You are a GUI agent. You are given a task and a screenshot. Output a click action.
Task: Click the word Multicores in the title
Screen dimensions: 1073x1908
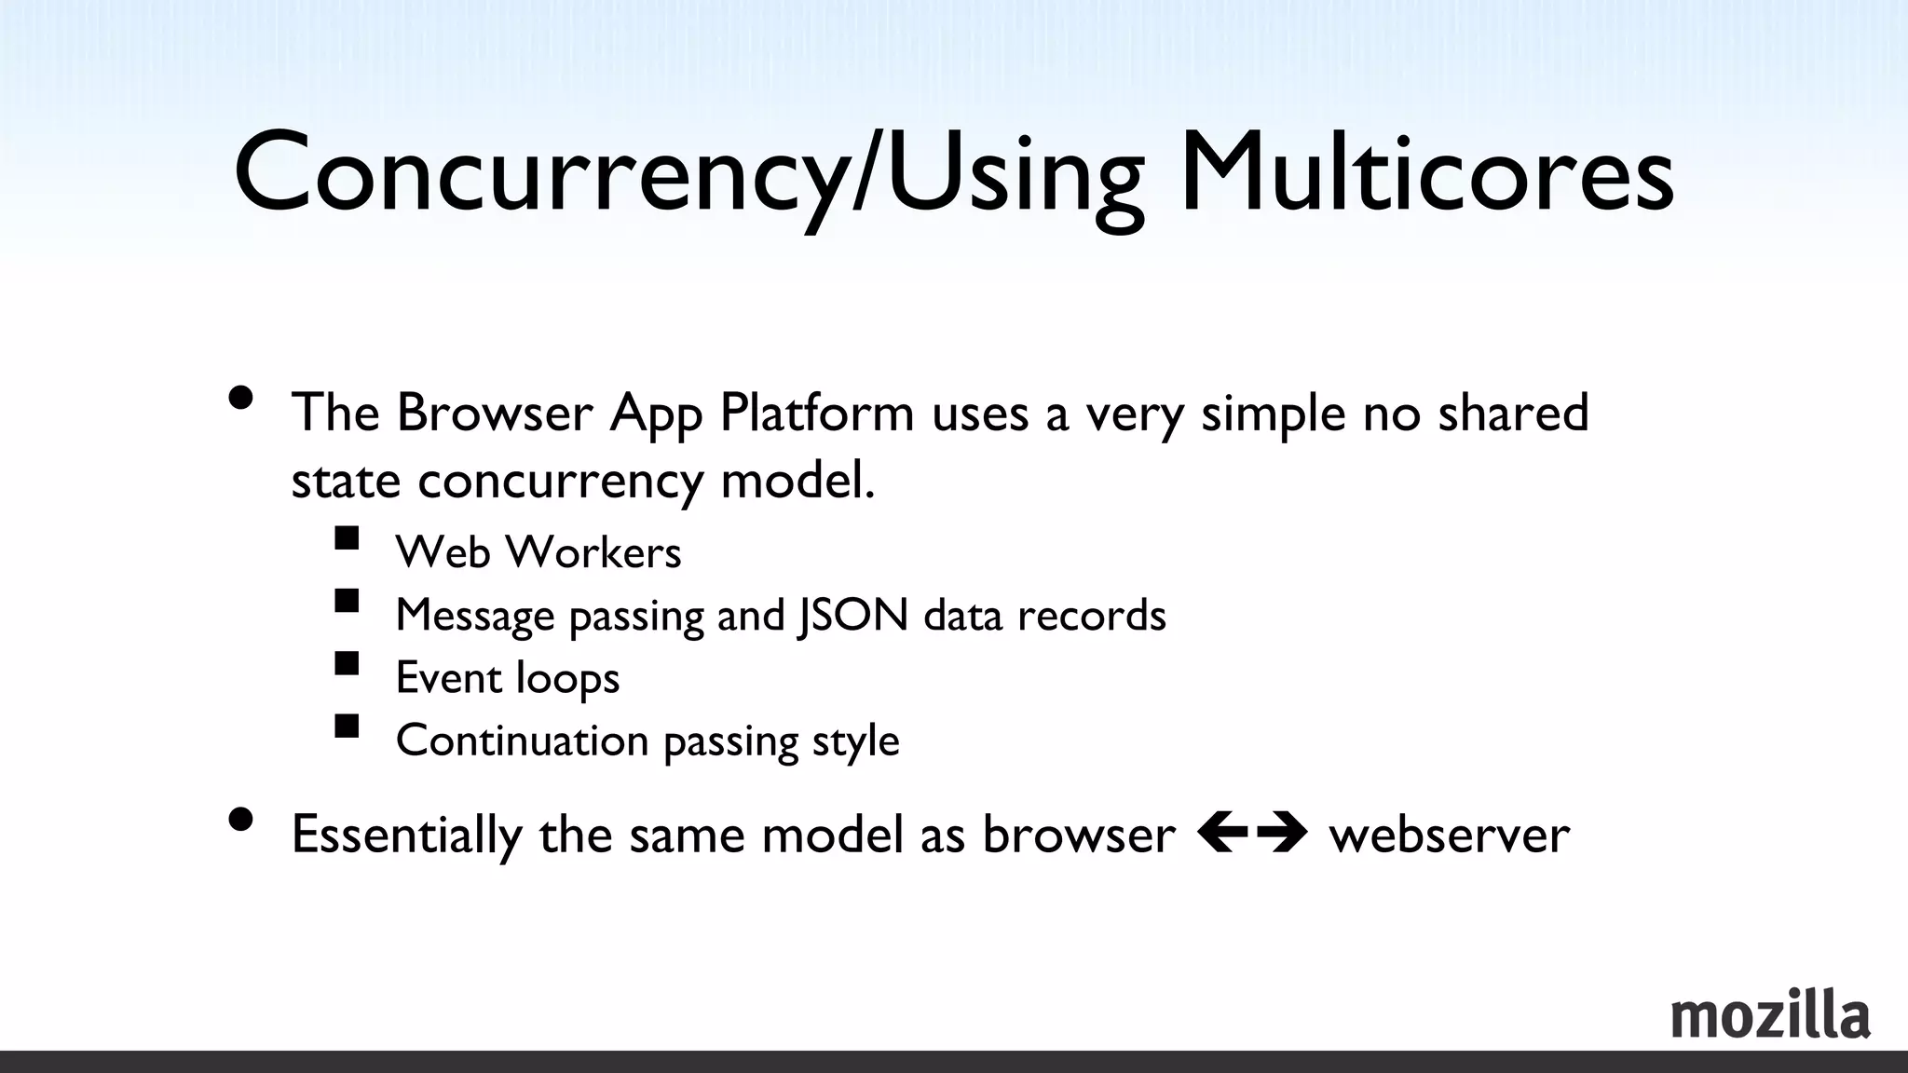point(1425,173)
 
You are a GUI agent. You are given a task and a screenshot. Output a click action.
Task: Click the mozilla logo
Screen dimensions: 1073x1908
point(1770,1015)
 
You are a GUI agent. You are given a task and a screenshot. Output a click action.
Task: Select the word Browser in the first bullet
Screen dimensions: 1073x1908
point(495,412)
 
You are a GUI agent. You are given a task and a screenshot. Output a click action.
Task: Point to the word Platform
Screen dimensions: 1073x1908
point(817,414)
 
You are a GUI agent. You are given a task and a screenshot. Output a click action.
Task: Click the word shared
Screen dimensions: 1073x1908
point(1513,412)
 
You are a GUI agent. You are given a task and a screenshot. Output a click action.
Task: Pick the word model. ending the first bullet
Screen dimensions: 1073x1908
point(797,481)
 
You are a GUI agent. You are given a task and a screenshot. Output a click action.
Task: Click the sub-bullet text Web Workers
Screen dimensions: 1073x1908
point(538,551)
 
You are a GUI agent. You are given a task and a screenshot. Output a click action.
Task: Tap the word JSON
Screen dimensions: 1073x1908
point(852,615)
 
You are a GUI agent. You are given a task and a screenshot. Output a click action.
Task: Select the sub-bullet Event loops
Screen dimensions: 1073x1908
point(508,677)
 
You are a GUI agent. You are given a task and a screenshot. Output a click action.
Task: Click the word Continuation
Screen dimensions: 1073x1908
point(522,740)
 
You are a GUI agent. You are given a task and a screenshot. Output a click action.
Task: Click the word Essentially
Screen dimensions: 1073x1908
point(406,835)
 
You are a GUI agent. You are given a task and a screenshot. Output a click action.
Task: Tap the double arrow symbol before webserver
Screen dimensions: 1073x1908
point(1251,832)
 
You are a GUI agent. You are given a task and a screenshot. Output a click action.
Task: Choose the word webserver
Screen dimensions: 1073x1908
point(1450,834)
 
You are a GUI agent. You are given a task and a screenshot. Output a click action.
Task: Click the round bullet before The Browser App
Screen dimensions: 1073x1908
point(240,398)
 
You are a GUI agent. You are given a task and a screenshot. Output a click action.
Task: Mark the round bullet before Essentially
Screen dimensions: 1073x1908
point(240,819)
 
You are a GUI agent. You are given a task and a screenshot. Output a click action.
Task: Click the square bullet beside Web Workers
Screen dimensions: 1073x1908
point(347,538)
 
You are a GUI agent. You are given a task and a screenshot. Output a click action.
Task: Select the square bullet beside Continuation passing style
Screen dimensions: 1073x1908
point(347,726)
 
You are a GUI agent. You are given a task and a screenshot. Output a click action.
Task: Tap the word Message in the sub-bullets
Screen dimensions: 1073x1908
point(475,615)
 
